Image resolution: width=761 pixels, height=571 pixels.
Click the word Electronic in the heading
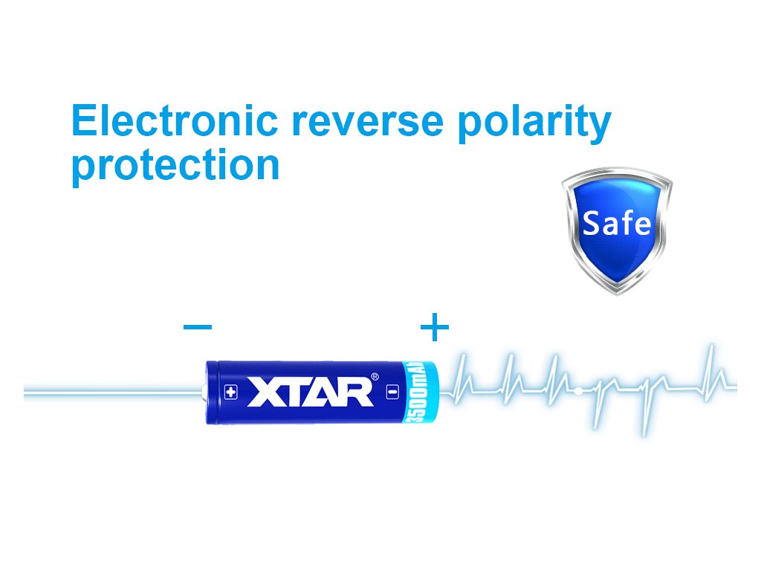(175, 120)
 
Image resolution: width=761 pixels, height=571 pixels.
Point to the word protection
(175, 166)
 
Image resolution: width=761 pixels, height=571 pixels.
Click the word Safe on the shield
(616, 223)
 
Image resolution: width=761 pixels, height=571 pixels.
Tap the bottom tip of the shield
(617, 294)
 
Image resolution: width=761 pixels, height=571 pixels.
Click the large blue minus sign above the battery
(198, 326)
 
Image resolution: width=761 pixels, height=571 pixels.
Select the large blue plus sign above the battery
(434, 327)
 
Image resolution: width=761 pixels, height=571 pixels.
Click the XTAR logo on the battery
(311, 391)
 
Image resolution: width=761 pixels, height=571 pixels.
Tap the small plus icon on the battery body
(231, 392)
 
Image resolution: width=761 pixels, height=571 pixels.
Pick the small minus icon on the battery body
(392, 391)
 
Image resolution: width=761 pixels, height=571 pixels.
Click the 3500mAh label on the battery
(417, 392)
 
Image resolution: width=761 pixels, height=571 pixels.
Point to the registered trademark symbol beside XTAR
(375, 376)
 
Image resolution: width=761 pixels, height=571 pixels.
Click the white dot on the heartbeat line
(578, 390)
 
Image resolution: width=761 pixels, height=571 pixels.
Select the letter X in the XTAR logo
(264, 392)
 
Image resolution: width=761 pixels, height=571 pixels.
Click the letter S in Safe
(591, 223)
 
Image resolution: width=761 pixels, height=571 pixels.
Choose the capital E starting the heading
(83, 120)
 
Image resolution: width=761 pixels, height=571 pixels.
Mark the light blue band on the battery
(421, 393)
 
